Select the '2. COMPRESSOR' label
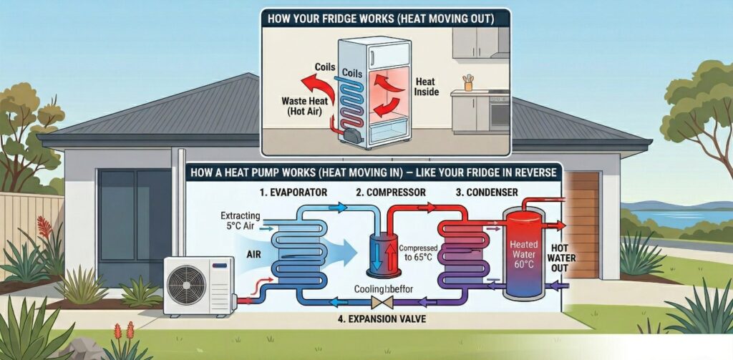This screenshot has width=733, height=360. (392, 193)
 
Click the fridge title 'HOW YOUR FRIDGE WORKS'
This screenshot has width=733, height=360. (385, 19)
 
